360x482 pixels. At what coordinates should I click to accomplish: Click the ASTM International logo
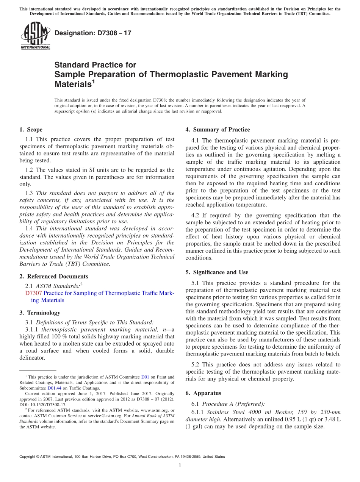click(35, 36)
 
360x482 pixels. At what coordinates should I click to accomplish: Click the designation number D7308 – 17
click(93, 33)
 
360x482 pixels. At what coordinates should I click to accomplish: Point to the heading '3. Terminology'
click(40, 313)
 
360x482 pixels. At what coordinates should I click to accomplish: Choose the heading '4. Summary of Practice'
click(218, 130)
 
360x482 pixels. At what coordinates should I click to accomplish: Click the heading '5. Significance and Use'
click(217, 272)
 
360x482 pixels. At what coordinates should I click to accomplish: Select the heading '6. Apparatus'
click(203, 393)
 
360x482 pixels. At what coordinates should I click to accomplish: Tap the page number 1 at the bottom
click(180, 465)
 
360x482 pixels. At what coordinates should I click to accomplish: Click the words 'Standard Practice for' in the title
click(95, 65)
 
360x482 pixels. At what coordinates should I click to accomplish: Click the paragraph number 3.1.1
click(32, 329)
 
